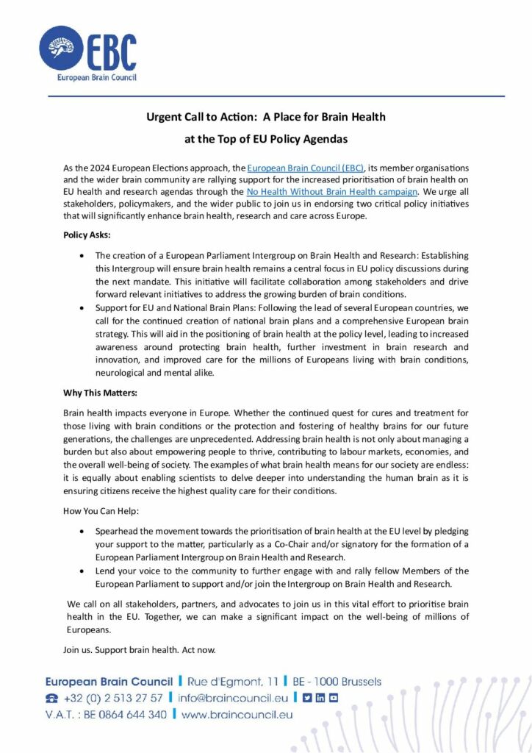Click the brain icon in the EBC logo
pos(62,49)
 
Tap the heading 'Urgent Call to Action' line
pos(265,117)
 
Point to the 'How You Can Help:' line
pos(101,510)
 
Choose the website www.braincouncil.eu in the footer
pos(237,714)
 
